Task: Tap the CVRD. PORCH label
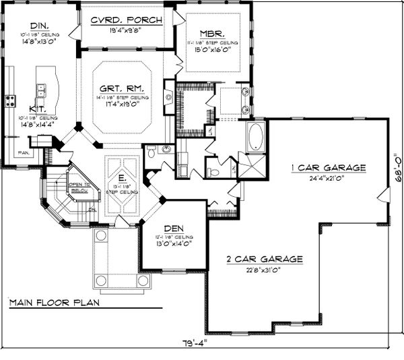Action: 126,20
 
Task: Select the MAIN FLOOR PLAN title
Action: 54,303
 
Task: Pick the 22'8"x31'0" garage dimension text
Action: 263,269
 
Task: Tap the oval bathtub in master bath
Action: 256,137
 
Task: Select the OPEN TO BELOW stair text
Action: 79,187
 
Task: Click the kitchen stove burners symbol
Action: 11,101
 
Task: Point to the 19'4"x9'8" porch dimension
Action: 126,30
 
